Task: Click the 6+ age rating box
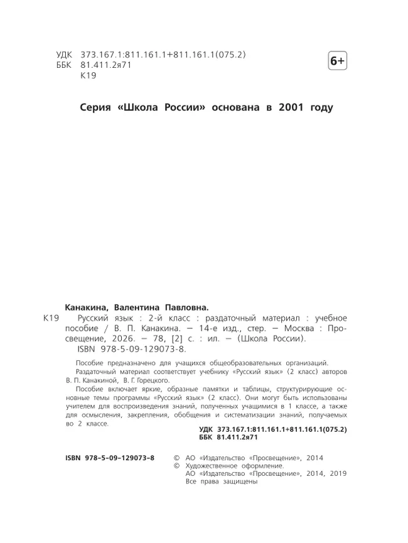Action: pyautogui.click(x=337, y=61)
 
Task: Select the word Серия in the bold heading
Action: pyautogui.click(x=96, y=107)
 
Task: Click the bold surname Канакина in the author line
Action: pyautogui.click(x=87, y=308)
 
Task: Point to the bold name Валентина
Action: pyautogui.click(x=139, y=308)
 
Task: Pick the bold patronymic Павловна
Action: pyautogui.click(x=190, y=308)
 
